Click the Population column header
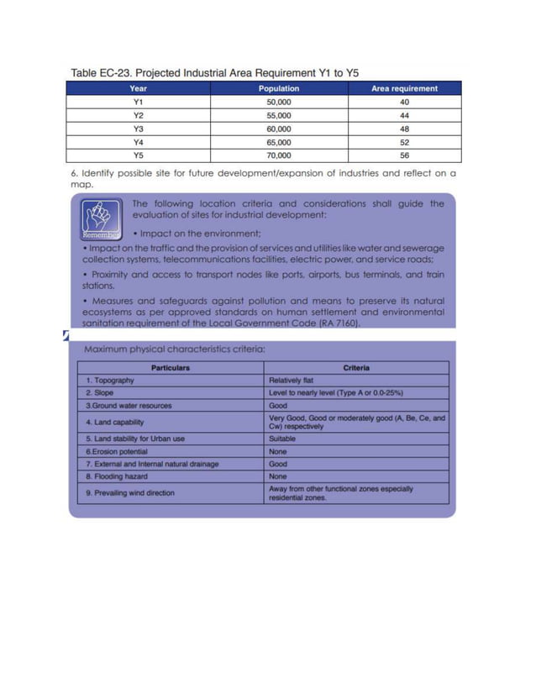click(x=278, y=88)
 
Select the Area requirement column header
click(x=404, y=88)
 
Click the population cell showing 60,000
click(x=278, y=129)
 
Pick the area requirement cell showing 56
click(x=404, y=155)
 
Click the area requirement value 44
click(x=404, y=115)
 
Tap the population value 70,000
click(x=278, y=155)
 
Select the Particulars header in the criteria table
click(x=171, y=368)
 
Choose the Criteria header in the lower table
click(x=357, y=368)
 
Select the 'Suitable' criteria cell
click(x=282, y=438)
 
